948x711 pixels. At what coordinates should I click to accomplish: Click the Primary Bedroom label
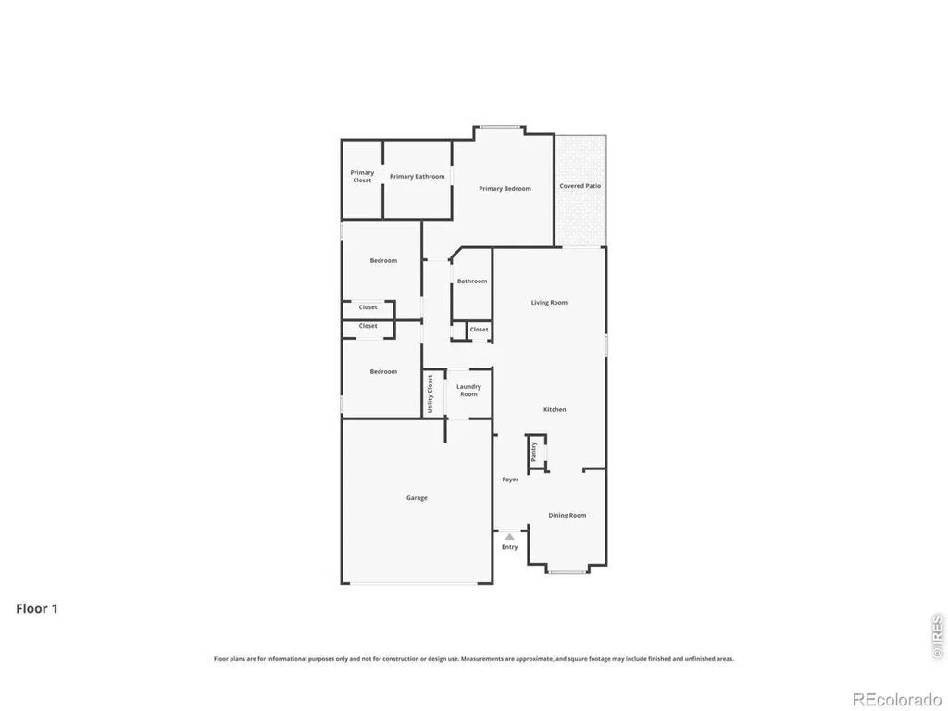[x=505, y=189]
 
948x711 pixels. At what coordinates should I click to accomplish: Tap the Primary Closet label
[x=362, y=177]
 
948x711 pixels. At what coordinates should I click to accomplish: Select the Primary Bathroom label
[x=418, y=177]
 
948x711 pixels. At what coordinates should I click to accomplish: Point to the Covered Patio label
[x=580, y=186]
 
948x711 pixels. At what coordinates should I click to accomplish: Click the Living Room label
[x=549, y=303]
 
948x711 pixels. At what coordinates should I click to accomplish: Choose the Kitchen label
[x=555, y=410]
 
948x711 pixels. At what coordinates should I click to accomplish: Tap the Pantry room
[x=536, y=452]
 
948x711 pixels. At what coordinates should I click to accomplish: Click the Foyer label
[x=510, y=480]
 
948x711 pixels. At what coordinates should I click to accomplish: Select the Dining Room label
[x=568, y=515]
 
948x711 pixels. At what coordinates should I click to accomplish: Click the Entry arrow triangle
[x=510, y=536]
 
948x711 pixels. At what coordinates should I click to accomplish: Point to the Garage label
[x=417, y=498]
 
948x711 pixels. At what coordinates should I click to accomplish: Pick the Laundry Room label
[x=468, y=391]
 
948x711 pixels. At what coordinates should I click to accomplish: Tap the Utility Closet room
[x=433, y=393]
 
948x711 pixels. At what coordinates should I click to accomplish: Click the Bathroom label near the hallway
[x=471, y=281]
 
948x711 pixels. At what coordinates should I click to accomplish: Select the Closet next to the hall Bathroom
[x=479, y=331]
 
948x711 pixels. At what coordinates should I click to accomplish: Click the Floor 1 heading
[x=37, y=609]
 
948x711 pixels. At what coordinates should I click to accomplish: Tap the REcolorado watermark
[x=897, y=700]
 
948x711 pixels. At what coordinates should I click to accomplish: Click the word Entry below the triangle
[x=510, y=547]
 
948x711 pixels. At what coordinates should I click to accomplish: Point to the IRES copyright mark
[x=938, y=636]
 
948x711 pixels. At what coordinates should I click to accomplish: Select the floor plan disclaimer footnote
[x=474, y=659]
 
